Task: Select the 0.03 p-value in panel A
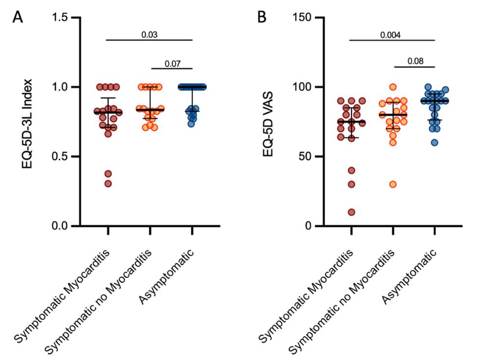(x=149, y=34)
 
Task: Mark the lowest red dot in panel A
(x=108, y=184)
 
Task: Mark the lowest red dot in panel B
(x=351, y=212)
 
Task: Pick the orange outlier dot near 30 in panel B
(x=393, y=184)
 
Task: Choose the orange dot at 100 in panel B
(x=393, y=87)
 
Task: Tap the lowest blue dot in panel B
(x=435, y=142)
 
